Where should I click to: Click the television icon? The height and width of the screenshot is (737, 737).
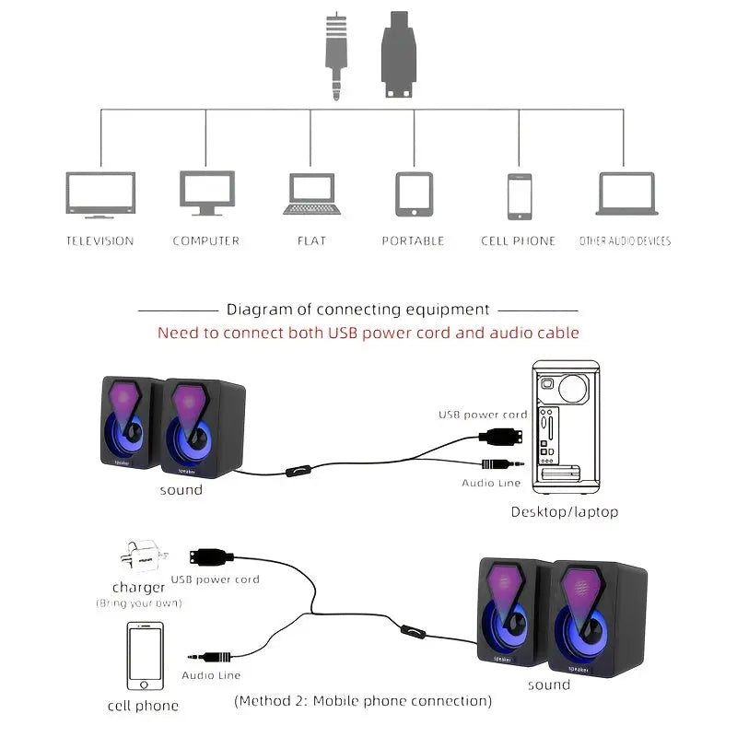pyautogui.click(x=100, y=194)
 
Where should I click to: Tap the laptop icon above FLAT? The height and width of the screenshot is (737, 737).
pyautogui.click(x=312, y=194)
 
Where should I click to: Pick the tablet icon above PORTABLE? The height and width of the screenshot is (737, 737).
pyautogui.click(x=414, y=194)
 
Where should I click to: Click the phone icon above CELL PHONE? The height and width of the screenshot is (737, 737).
pyautogui.click(x=520, y=196)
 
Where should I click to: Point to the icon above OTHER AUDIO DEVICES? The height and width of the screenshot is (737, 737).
pyautogui.click(x=626, y=194)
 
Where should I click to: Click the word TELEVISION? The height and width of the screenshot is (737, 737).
pyautogui.click(x=99, y=241)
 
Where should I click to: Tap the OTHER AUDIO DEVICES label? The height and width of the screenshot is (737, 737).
pyautogui.click(x=625, y=241)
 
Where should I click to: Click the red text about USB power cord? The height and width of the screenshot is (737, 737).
pyautogui.click(x=368, y=333)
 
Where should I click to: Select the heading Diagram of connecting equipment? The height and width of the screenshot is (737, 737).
pyautogui.click(x=358, y=310)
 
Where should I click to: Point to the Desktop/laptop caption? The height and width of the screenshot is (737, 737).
pyautogui.click(x=565, y=511)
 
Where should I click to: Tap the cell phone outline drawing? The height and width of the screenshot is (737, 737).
pyautogui.click(x=145, y=657)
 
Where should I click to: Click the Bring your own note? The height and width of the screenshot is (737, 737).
pyautogui.click(x=139, y=603)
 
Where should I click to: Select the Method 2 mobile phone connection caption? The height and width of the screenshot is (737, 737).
pyautogui.click(x=363, y=701)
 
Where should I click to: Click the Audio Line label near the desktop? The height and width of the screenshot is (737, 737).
pyautogui.click(x=491, y=483)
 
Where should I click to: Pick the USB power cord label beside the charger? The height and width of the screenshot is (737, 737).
pyautogui.click(x=215, y=579)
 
